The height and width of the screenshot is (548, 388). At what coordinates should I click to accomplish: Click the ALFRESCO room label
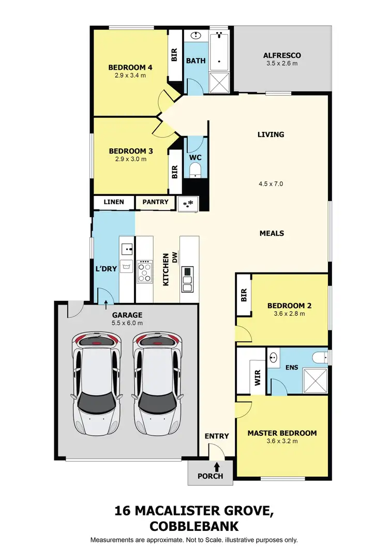(x=281, y=55)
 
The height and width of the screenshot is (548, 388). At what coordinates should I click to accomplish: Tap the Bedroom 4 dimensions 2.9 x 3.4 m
(x=130, y=75)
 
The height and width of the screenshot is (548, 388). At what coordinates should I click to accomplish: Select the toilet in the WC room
(x=196, y=169)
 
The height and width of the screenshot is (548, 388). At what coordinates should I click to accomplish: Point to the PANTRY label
(x=156, y=202)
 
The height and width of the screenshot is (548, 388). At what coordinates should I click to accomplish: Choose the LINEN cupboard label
(x=114, y=202)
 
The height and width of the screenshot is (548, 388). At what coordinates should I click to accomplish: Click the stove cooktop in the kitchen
(x=145, y=271)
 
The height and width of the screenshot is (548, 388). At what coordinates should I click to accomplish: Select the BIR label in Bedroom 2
(x=244, y=295)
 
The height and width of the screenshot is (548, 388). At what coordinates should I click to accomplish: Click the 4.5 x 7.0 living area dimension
(x=271, y=184)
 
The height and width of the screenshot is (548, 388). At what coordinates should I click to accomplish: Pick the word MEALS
(x=272, y=233)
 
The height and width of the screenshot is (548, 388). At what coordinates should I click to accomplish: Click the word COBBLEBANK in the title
(x=194, y=526)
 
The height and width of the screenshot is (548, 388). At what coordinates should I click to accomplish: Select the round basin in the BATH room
(x=196, y=36)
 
